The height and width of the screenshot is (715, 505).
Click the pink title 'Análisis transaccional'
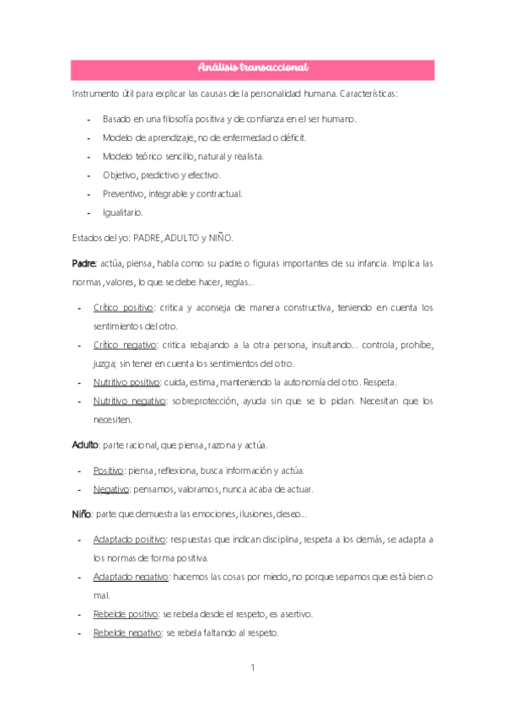click(252, 67)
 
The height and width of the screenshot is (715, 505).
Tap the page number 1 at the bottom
click(252, 668)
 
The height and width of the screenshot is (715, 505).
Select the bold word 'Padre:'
click(84, 263)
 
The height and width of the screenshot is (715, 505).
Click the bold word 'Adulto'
click(85, 444)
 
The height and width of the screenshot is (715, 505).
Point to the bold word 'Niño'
click(81, 513)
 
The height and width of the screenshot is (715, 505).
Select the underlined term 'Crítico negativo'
click(125, 344)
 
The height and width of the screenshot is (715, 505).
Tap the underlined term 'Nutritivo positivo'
click(126, 381)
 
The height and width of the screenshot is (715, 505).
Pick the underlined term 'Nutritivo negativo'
click(128, 401)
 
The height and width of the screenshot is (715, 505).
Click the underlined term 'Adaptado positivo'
click(129, 539)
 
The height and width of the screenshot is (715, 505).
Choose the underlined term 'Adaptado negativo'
click(131, 577)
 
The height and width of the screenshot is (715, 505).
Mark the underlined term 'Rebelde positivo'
click(126, 614)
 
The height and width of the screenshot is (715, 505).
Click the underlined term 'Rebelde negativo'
click(127, 633)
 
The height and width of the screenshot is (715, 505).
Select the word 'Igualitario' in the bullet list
click(123, 212)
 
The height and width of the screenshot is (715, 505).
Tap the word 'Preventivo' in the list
click(123, 194)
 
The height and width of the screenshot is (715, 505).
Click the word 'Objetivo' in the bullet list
click(120, 175)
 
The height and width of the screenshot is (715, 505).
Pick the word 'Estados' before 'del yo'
click(88, 238)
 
